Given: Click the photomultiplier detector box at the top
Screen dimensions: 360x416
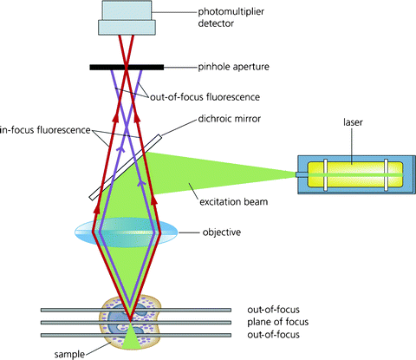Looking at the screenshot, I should tap(127, 17).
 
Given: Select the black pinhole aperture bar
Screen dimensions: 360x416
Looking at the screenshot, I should tap(127, 67).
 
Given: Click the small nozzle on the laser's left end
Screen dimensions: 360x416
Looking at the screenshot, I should tap(300, 176).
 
